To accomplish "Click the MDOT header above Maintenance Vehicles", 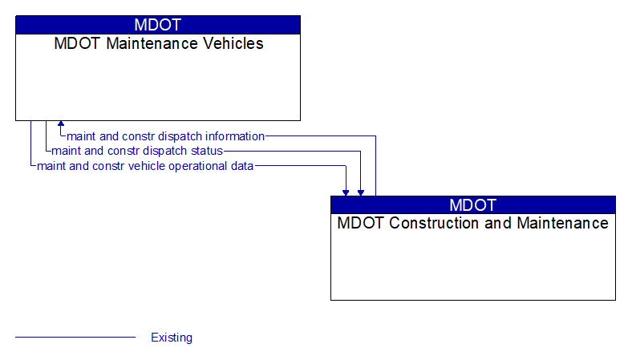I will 158,25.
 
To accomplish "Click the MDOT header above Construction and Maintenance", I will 473,204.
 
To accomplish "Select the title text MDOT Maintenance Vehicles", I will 158,44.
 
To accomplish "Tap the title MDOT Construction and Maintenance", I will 473,223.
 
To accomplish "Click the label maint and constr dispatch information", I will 165,136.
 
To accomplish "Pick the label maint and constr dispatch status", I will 137,151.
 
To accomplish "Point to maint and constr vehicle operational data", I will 145,166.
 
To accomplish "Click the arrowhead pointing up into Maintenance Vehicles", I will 61,125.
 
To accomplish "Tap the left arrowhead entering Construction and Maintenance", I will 346,192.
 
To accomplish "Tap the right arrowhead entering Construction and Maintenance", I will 361,192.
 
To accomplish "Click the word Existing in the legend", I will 172,338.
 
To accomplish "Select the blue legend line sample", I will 75,338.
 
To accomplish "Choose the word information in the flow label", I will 234,136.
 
